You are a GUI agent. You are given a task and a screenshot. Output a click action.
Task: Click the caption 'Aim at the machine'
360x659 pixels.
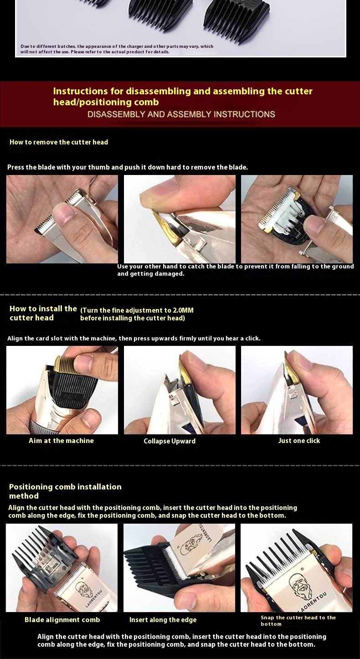pyautogui.click(x=61, y=440)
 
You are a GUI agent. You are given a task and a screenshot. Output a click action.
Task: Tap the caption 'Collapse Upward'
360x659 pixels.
pyautogui.click(x=170, y=441)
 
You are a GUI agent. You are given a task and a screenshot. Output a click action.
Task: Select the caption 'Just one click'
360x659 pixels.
pyautogui.click(x=299, y=440)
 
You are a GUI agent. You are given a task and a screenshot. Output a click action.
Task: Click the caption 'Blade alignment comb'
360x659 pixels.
pyautogui.click(x=62, y=619)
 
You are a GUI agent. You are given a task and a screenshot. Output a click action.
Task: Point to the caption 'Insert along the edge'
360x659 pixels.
pyautogui.click(x=163, y=619)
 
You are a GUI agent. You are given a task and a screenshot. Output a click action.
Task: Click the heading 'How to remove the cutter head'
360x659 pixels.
pyautogui.click(x=58, y=142)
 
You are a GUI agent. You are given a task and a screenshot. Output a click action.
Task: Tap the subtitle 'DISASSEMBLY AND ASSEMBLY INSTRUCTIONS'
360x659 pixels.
pyautogui.click(x=181, y=114)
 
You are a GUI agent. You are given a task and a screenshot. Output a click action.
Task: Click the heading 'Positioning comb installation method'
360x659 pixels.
pyautogui.click(x=65, y=491)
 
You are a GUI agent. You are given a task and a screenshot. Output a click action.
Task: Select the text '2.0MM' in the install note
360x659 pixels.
pyautogui.click(x=183, y=310)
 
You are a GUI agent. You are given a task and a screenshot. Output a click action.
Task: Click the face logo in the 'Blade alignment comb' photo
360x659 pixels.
pyautogui.click(x=83, y=589)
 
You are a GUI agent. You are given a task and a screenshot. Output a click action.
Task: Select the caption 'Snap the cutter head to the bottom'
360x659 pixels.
pyautogui.click(x=298, y=620)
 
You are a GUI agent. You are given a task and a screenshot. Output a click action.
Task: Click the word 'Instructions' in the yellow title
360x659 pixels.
pyautogui.click(x=80, y=91)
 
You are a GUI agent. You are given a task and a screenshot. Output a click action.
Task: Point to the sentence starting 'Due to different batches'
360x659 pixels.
pyautogui.click(x=117, y=49)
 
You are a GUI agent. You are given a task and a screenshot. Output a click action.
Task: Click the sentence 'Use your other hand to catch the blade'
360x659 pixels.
pyautogui.click(x=235, y=270)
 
